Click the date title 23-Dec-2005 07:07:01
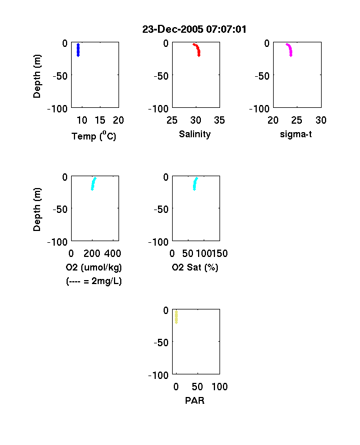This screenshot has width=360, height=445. pyautogui.click(x=194, y=29)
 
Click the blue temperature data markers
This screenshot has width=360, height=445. pyautogui.click(x=78, y=50)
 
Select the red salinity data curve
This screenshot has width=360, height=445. pyautogui.click(x=198, y=50)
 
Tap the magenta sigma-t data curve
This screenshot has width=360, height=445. pyautogui.click(x=290, y=50)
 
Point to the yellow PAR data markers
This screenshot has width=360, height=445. pyautogui.click(x=176, y=317)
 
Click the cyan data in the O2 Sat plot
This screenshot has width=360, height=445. pyautogui.click(x=195, y=184)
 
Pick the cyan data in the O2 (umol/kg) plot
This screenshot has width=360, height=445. pyautogui.click(x=93, y=184)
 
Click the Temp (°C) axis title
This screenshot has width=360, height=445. pyautogui.click(x=94, y=136)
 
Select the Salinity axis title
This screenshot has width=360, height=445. pyautogui.click(x=195, y=134)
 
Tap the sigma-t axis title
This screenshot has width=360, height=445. pyautogui.click(x=296, y=134)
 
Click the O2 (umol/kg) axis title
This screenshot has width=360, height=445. pyautogui.click(x=94, y=267)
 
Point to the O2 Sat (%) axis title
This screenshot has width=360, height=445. pyautogui.click(x=195, y=267)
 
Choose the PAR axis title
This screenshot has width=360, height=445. pyautogui.click(x=195, y=400)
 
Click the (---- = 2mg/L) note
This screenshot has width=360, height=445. pyautogui.click(x=94, y=281)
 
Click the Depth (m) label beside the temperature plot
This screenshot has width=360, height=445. pyautogui.click(x=37, y=76)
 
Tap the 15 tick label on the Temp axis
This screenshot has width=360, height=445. pyautogui.click(x=100, y=120)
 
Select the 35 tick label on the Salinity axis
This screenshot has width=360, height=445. pyautogui.click(x=219, y=120)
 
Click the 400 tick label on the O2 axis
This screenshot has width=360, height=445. pyautogui.click(x=113, y=254)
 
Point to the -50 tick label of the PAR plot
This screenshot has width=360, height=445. pyautogui.click(x=161, y=343)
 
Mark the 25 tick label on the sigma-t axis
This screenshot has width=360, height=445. pyautogui.click(x=296, y=120)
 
